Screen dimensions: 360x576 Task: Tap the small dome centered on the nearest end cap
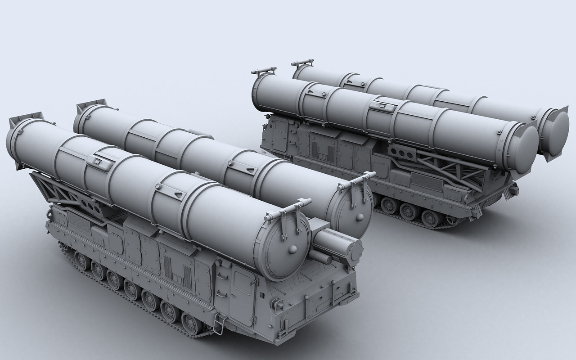point(293,249)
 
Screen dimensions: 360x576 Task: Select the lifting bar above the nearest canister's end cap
point(288,211)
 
